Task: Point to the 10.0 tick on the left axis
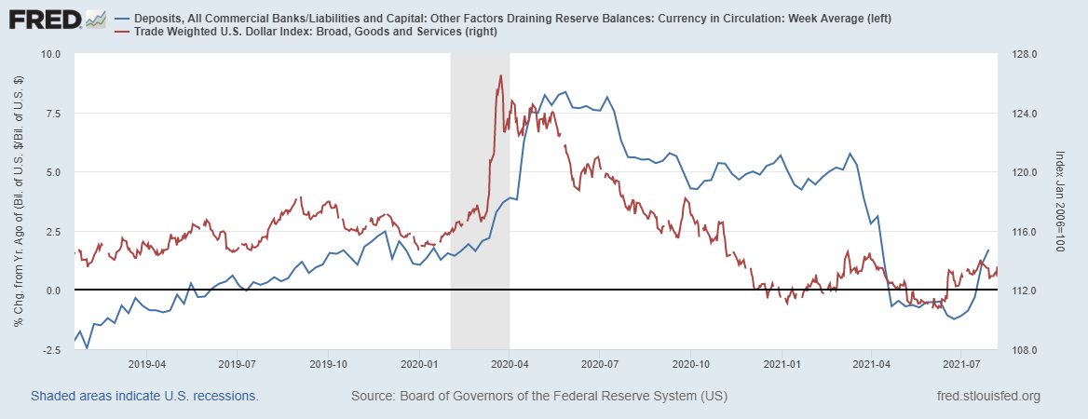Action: tap(50, 54)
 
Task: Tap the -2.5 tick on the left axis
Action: tap(50, 350)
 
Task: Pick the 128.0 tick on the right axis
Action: tap(1022, 54)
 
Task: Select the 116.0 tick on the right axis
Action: tap(1022, 232)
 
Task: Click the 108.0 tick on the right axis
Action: tap(1022, 350)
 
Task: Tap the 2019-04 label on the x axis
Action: tap(146, 364)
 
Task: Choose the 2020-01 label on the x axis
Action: tap(419, 364)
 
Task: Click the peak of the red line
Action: tap(500, 75)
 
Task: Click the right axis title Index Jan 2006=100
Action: tap(1062, 201)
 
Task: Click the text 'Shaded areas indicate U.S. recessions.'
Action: tap(144, 397)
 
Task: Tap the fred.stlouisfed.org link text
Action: tap(986, 397)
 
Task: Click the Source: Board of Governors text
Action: tap(538, 397)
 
